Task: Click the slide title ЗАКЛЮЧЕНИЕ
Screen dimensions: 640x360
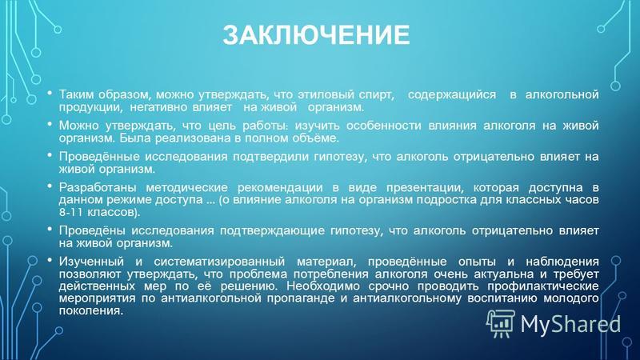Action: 316,34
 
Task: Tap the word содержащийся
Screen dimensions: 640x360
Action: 452,95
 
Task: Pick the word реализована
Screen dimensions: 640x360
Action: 187,138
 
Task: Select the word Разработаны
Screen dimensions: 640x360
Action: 99,188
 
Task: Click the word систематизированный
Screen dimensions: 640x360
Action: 219,262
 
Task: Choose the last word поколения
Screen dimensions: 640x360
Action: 90,310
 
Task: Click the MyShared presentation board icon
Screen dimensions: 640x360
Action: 501,323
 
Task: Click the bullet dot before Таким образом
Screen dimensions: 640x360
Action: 50,93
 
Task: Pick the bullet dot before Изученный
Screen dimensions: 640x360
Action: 50,260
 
